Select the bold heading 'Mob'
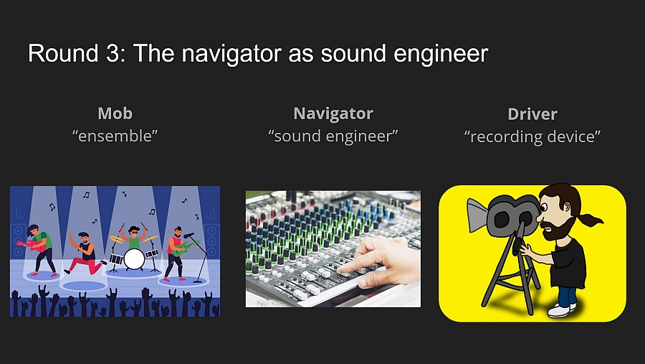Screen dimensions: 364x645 (x=115, y=113)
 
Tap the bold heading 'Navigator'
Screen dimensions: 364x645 (x=333, y=113)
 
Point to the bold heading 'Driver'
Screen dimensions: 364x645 (x=532, y=113)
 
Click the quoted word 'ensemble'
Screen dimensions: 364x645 (x=115, y=135)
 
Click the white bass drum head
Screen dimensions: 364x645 (x=134, y=258)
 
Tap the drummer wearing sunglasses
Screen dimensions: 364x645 (x=133, y=235)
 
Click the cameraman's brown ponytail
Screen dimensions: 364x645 (x=591, y=220)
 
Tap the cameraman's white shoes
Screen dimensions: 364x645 (x=563, y=309)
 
